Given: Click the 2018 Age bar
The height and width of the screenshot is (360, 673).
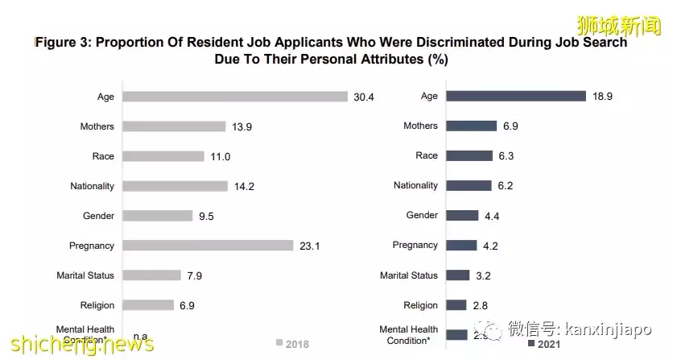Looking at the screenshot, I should (x=234, y=97).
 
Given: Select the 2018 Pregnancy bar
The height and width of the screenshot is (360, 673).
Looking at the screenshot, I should (x=207, y=246).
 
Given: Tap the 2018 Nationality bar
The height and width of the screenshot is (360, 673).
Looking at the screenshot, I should (x=175, y=186).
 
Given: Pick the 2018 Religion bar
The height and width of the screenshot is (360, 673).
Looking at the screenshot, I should (x=147, y=305).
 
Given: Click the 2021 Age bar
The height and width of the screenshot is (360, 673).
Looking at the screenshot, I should (x=515, y=96).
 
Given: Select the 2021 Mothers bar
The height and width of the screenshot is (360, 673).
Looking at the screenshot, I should (x=471, y=126).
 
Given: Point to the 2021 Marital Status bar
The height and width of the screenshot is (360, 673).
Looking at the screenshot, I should (x=457, y=275).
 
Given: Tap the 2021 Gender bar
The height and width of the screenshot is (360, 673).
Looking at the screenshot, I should (x=461, y=215).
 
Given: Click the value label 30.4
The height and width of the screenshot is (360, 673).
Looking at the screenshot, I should (x=364, y=97).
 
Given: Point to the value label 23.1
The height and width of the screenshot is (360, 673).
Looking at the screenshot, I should (x=309, y=246).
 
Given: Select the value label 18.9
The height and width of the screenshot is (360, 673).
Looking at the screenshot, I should (x=603, y=96).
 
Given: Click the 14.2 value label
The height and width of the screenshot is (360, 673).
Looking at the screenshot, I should (x=243, y=186).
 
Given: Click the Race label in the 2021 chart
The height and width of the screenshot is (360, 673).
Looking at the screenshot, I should (x=427, y=155).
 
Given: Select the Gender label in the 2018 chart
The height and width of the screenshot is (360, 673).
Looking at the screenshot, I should (x=100, y=216).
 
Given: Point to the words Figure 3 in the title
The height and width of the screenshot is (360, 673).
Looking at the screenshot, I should (x=63, y=43).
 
